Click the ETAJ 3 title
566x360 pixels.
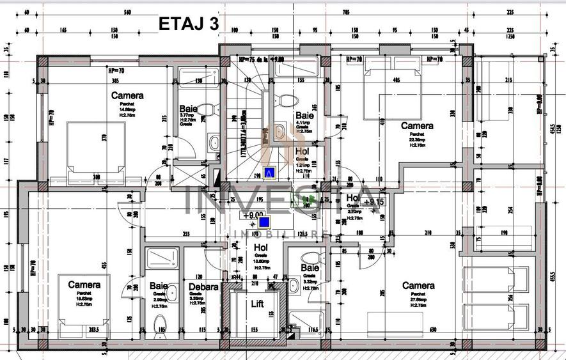pos(188,24)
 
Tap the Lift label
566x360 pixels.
pos(257,304)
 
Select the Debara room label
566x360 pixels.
pos(203,286)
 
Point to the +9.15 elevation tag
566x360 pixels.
pos(373,202)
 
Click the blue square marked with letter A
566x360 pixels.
pos(269,172)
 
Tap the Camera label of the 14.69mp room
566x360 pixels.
pos(127,95)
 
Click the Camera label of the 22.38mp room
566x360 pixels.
pos(417,126)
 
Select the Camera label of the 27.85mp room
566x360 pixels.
pos(418,285)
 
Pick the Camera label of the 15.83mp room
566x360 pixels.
pos(84,285)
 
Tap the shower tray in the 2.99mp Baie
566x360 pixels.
pos(159,259)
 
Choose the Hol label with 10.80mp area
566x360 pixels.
pos(260,247)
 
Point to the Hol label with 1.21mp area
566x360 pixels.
pos(303,152)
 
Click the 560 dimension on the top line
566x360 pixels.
pos(127,12)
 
